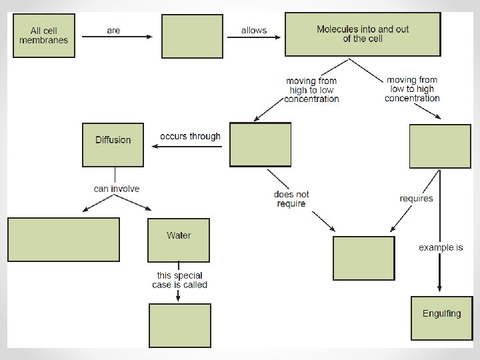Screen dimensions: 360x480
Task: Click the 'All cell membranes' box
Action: click(44, 35)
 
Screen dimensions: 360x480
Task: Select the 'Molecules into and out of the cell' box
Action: click(363, 33)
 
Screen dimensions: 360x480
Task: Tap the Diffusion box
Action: click(113, 144)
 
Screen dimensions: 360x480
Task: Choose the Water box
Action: click(179, 239)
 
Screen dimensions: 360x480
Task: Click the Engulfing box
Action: click(441, 318)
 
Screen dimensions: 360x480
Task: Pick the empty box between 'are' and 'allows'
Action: click(192, 36)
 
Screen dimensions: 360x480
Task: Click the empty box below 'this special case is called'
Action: click(179, 325)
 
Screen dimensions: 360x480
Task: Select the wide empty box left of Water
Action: click(64, 239)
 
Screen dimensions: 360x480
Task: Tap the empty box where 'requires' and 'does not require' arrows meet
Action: click(363, 258)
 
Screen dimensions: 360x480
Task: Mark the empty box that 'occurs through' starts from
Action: click(260, 144)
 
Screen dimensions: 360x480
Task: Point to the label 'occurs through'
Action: click(190, 136)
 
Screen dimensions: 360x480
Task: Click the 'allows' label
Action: click(254, 31)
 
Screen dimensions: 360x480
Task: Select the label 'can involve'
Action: click(117, 189)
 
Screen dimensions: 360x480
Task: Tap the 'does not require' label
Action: click(292, 199)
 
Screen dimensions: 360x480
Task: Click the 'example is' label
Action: click(441, 247)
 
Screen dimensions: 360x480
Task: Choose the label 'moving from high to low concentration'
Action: click(311, 90)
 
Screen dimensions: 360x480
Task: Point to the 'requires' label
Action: click(416, 198)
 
